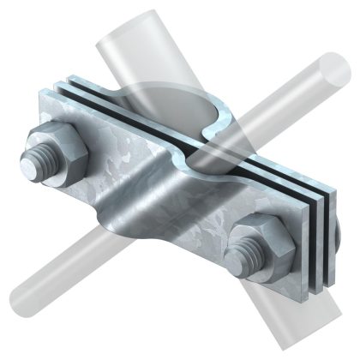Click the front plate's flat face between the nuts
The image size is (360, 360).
click(197, 206)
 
